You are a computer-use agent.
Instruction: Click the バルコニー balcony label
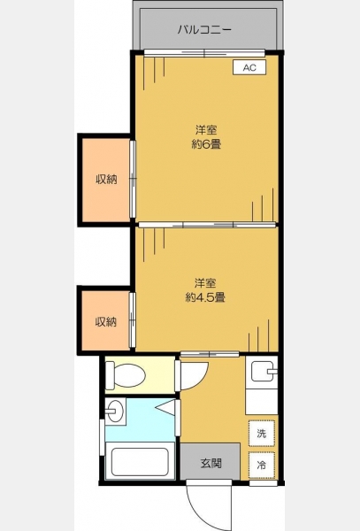tap(204, 29)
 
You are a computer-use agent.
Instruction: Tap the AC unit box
tap(249, 67)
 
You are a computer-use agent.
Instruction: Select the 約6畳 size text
tap(206, 144)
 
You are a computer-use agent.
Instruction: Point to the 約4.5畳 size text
tap(205, 297)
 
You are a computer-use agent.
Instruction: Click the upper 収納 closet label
tap(106, 179)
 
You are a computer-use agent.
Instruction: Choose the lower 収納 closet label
tap(106, 322)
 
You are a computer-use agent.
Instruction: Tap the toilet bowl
tap(126, 375)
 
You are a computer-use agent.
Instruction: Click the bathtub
tap(140, 462)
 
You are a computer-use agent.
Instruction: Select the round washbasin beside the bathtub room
tap(115, 412)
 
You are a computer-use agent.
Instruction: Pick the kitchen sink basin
tap(262, 372)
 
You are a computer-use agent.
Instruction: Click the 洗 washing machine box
tap(262, 433)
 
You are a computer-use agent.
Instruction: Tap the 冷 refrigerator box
tap(262, 465)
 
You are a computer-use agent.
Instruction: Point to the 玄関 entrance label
tap(211, 463)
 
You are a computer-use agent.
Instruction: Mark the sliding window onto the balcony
tap(204, 53)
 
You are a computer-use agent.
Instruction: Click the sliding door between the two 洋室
tap(207, 225)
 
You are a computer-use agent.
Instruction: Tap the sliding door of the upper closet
tap(133, 179)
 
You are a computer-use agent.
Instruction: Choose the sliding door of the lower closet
tap(133, 320)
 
